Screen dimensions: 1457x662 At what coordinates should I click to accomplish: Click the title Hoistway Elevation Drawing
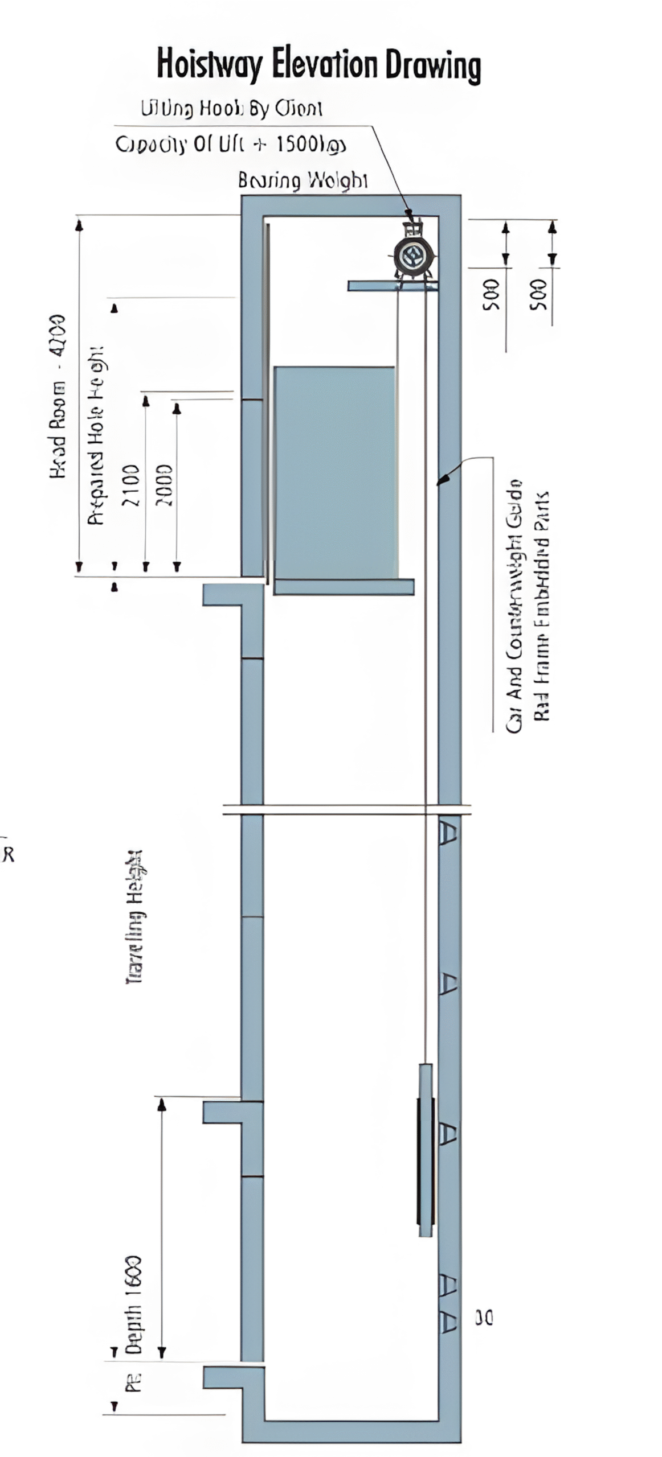318,65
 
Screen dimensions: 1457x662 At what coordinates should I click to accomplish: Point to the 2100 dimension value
130,484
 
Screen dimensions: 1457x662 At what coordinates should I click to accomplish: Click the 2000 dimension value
164,484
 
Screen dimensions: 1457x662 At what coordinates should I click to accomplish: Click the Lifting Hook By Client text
231,108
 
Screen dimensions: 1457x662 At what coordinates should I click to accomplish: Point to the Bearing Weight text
303,180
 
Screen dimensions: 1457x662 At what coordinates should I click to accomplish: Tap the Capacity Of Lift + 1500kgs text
231,145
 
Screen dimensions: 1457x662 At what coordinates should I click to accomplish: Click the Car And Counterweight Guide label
514,606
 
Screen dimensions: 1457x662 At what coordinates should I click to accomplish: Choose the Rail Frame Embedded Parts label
542,606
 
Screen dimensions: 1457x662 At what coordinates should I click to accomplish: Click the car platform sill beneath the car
344,587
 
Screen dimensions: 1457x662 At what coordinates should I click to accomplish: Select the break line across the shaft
346,809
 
